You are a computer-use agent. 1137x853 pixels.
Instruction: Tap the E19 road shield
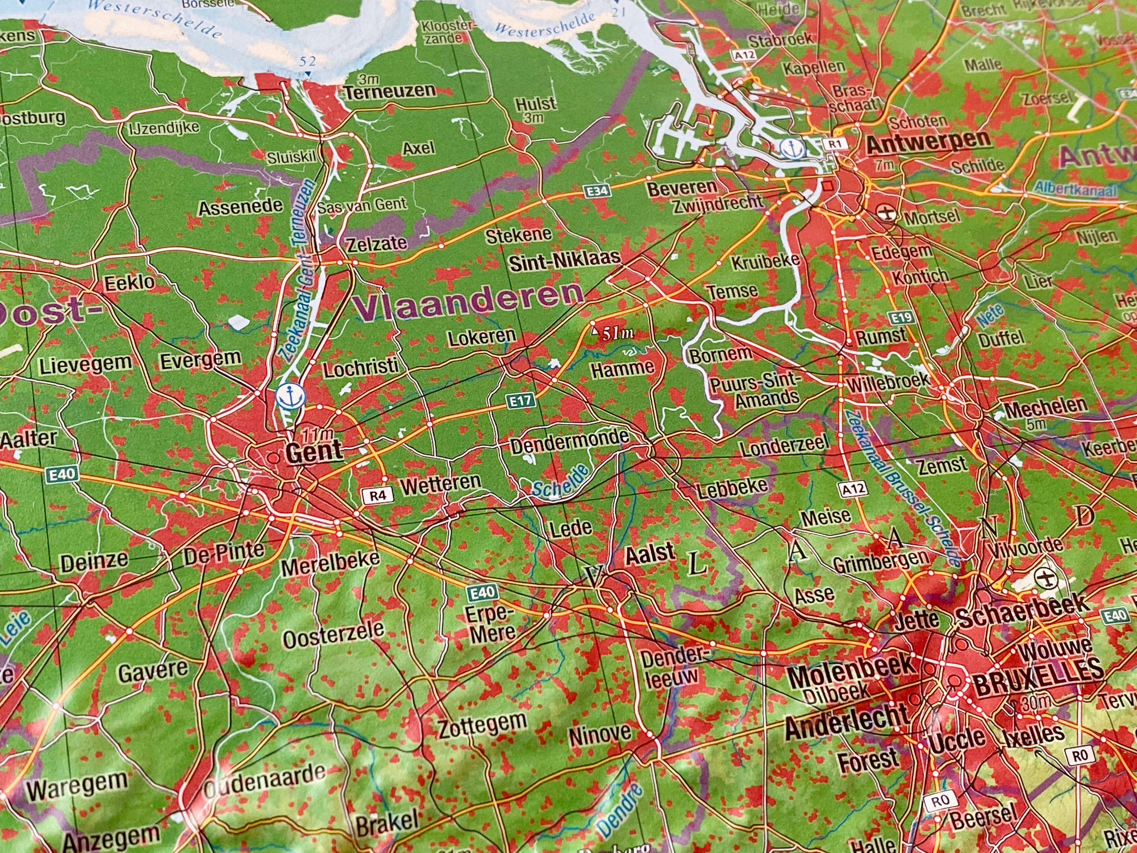click(902, 317)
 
